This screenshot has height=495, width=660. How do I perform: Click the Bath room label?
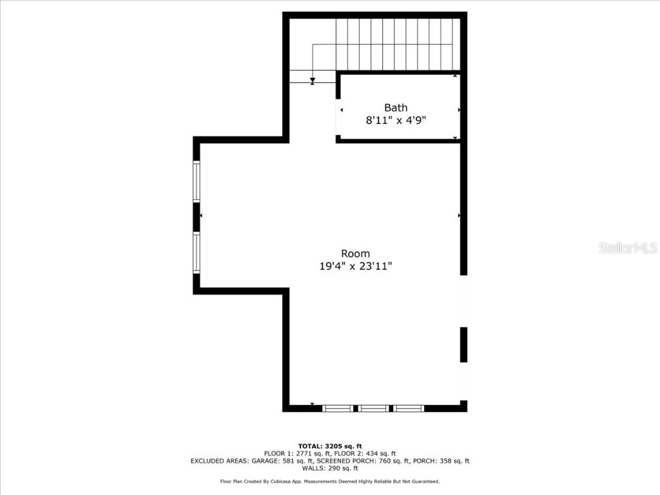[x=396, y=108]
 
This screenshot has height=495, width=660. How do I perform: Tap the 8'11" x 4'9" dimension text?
[x=396, y=120]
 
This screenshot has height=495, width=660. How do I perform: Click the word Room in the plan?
[x=355, y=253]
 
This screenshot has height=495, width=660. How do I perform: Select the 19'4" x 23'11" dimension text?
[x=356, y=266]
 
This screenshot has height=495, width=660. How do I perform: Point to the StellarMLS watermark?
[x=628, y=247]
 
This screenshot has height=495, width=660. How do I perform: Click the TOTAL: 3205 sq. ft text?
[x=330, y=446]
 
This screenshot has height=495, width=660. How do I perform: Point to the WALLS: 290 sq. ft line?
[x=330, y=468]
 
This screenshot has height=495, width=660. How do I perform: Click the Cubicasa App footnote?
[x=330, y=481]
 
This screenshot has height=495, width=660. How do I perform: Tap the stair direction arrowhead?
[x=313, y=80]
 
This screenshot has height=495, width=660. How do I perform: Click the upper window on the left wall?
[x=197, y=182]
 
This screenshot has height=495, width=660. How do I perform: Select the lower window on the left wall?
[x=197, y=253]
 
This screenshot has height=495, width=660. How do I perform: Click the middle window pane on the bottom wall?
[x=373, y=408]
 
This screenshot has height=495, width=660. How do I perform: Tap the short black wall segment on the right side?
[x=463, y=344]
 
